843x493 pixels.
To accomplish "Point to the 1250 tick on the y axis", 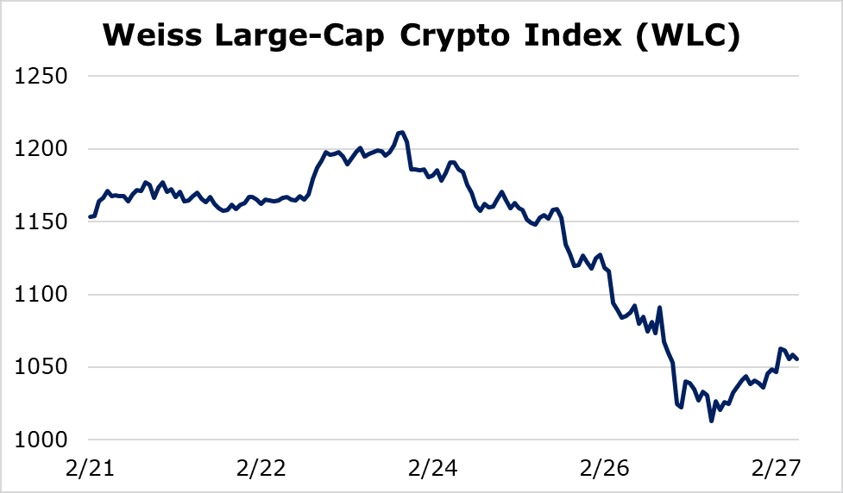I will click(41, 77).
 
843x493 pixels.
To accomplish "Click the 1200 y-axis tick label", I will click(41, 149).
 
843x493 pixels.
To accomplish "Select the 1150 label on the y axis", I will click(41, 222).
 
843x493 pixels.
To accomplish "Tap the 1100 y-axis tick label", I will click(41, 295).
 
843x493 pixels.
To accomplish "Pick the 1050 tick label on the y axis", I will click(41, 368).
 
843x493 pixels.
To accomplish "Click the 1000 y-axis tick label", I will click(41, 440).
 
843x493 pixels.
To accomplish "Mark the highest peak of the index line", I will click(402, 132).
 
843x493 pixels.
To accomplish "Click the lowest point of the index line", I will click(711, 421).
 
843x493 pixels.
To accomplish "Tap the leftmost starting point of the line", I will click(90, 217).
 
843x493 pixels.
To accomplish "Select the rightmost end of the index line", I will click(797, 359).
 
